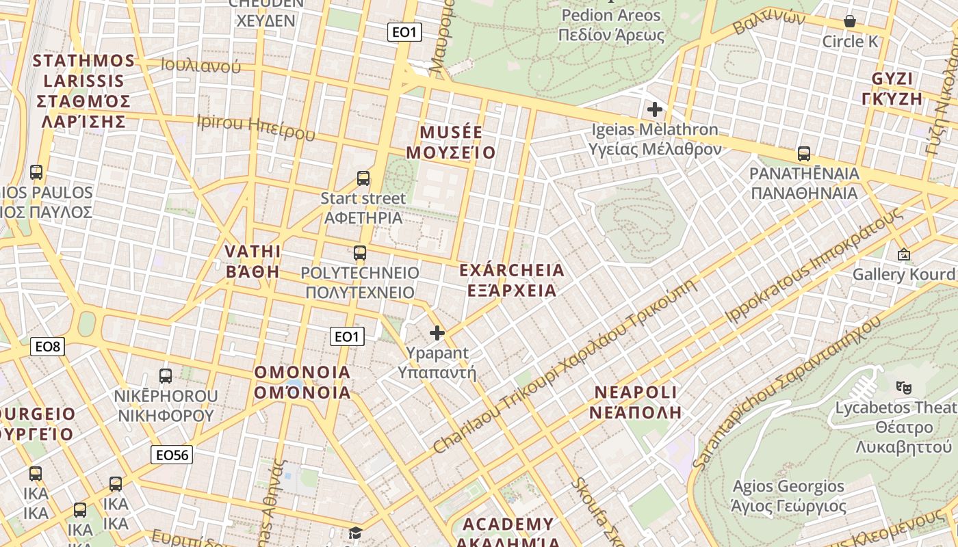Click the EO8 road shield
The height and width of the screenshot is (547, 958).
(48, 347)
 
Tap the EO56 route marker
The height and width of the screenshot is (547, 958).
(172, 455)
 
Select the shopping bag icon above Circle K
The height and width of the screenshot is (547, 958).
(850, 21)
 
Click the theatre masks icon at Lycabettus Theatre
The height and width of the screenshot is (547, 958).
(903, 387)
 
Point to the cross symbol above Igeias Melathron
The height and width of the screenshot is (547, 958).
(655, 109)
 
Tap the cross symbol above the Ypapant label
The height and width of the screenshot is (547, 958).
(437, 333)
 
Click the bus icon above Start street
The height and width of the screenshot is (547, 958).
(363, 178)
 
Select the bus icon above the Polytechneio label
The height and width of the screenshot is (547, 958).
(360, 253)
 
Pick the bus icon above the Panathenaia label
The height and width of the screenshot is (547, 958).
(804, 154)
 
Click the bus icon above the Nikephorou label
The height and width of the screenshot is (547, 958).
(166, 375)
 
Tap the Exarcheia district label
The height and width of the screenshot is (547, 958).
(512, 280)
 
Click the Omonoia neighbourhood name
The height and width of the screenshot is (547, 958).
(302, 382)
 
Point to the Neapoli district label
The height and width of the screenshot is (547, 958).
(636, 402)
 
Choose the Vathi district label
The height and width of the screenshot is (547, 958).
(253, 261)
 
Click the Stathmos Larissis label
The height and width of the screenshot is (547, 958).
(83, 91)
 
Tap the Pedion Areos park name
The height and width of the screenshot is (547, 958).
(611, 25)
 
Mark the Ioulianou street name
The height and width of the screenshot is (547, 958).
(200, 66)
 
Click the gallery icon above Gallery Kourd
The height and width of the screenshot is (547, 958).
(903, 254)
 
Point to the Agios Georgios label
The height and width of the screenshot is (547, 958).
(788, 496)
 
